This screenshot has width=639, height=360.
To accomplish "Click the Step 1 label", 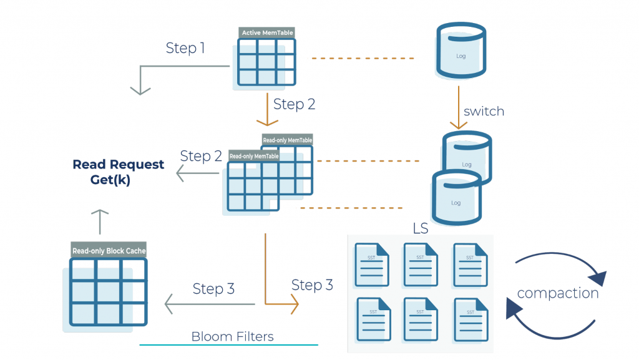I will (185, 48).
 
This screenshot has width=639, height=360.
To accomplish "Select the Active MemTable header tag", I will (267, 32).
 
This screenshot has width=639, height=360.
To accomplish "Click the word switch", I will (484, 112).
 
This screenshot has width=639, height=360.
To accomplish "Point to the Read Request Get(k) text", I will (119, 172).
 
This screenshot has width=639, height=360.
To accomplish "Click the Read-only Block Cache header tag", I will (109, 251).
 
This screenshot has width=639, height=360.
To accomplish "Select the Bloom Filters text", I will (232, 336).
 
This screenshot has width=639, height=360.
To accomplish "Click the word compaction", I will (558, 293).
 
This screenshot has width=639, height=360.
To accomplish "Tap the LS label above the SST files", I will (421, 228).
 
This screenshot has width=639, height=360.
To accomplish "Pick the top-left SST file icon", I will (372, 264).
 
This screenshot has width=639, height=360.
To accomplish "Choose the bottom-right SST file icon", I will (471, 318).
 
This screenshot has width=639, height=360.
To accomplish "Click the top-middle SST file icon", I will (421, 264).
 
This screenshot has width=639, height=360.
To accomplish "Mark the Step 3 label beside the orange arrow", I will (312, 285).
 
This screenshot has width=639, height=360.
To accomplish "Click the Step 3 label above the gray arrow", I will (213, 289).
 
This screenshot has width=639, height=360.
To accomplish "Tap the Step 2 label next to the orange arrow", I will (295, 104).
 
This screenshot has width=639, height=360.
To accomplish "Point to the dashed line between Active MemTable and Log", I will (362, 59).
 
